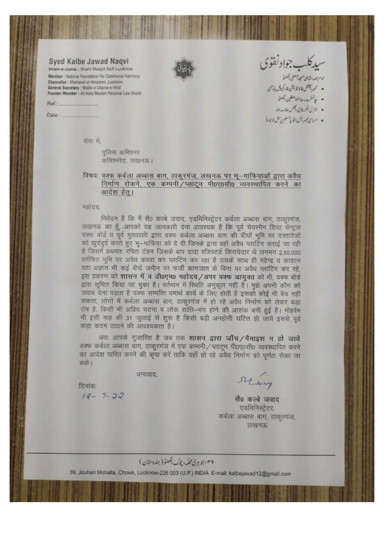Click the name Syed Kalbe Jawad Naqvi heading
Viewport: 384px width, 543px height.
89,61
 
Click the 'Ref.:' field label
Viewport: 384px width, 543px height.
53,104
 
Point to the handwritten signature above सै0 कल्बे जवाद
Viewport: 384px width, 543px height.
255,382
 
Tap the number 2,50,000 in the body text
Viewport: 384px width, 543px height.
290,252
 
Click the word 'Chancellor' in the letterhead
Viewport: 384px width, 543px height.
58,82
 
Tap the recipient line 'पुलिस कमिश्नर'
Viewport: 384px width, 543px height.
121,152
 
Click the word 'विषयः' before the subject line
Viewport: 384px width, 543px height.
90,176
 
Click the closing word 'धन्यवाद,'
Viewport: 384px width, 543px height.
147,374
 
